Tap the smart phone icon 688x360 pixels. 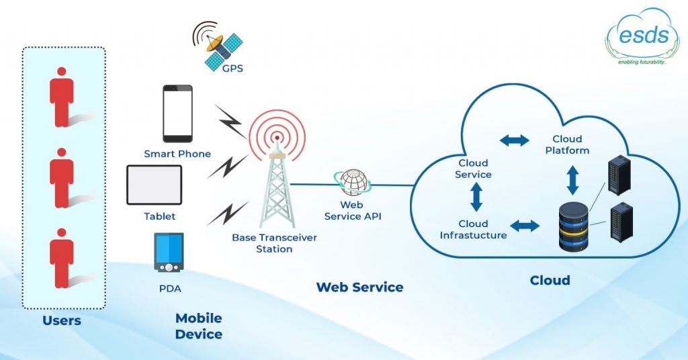click(x=177, y=114)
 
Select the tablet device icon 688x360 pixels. click(x=155, y=185)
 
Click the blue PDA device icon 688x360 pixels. click(x=169, y=252)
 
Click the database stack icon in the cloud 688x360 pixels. click(x=574, y=228)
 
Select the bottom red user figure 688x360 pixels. click(x=62, y=259)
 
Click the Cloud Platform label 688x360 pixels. click(x=567, y=145)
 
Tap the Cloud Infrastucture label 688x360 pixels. click(x=474, y=230)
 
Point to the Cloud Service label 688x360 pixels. click(x=474, y=169)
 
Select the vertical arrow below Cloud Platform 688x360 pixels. click(x=573, y=180)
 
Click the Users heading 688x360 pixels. click(x=62, y=320)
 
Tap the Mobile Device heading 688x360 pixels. click(x=198, y=326)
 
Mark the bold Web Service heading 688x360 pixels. click(x=359, y=287)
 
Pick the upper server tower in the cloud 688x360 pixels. click(x=619, y=176)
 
